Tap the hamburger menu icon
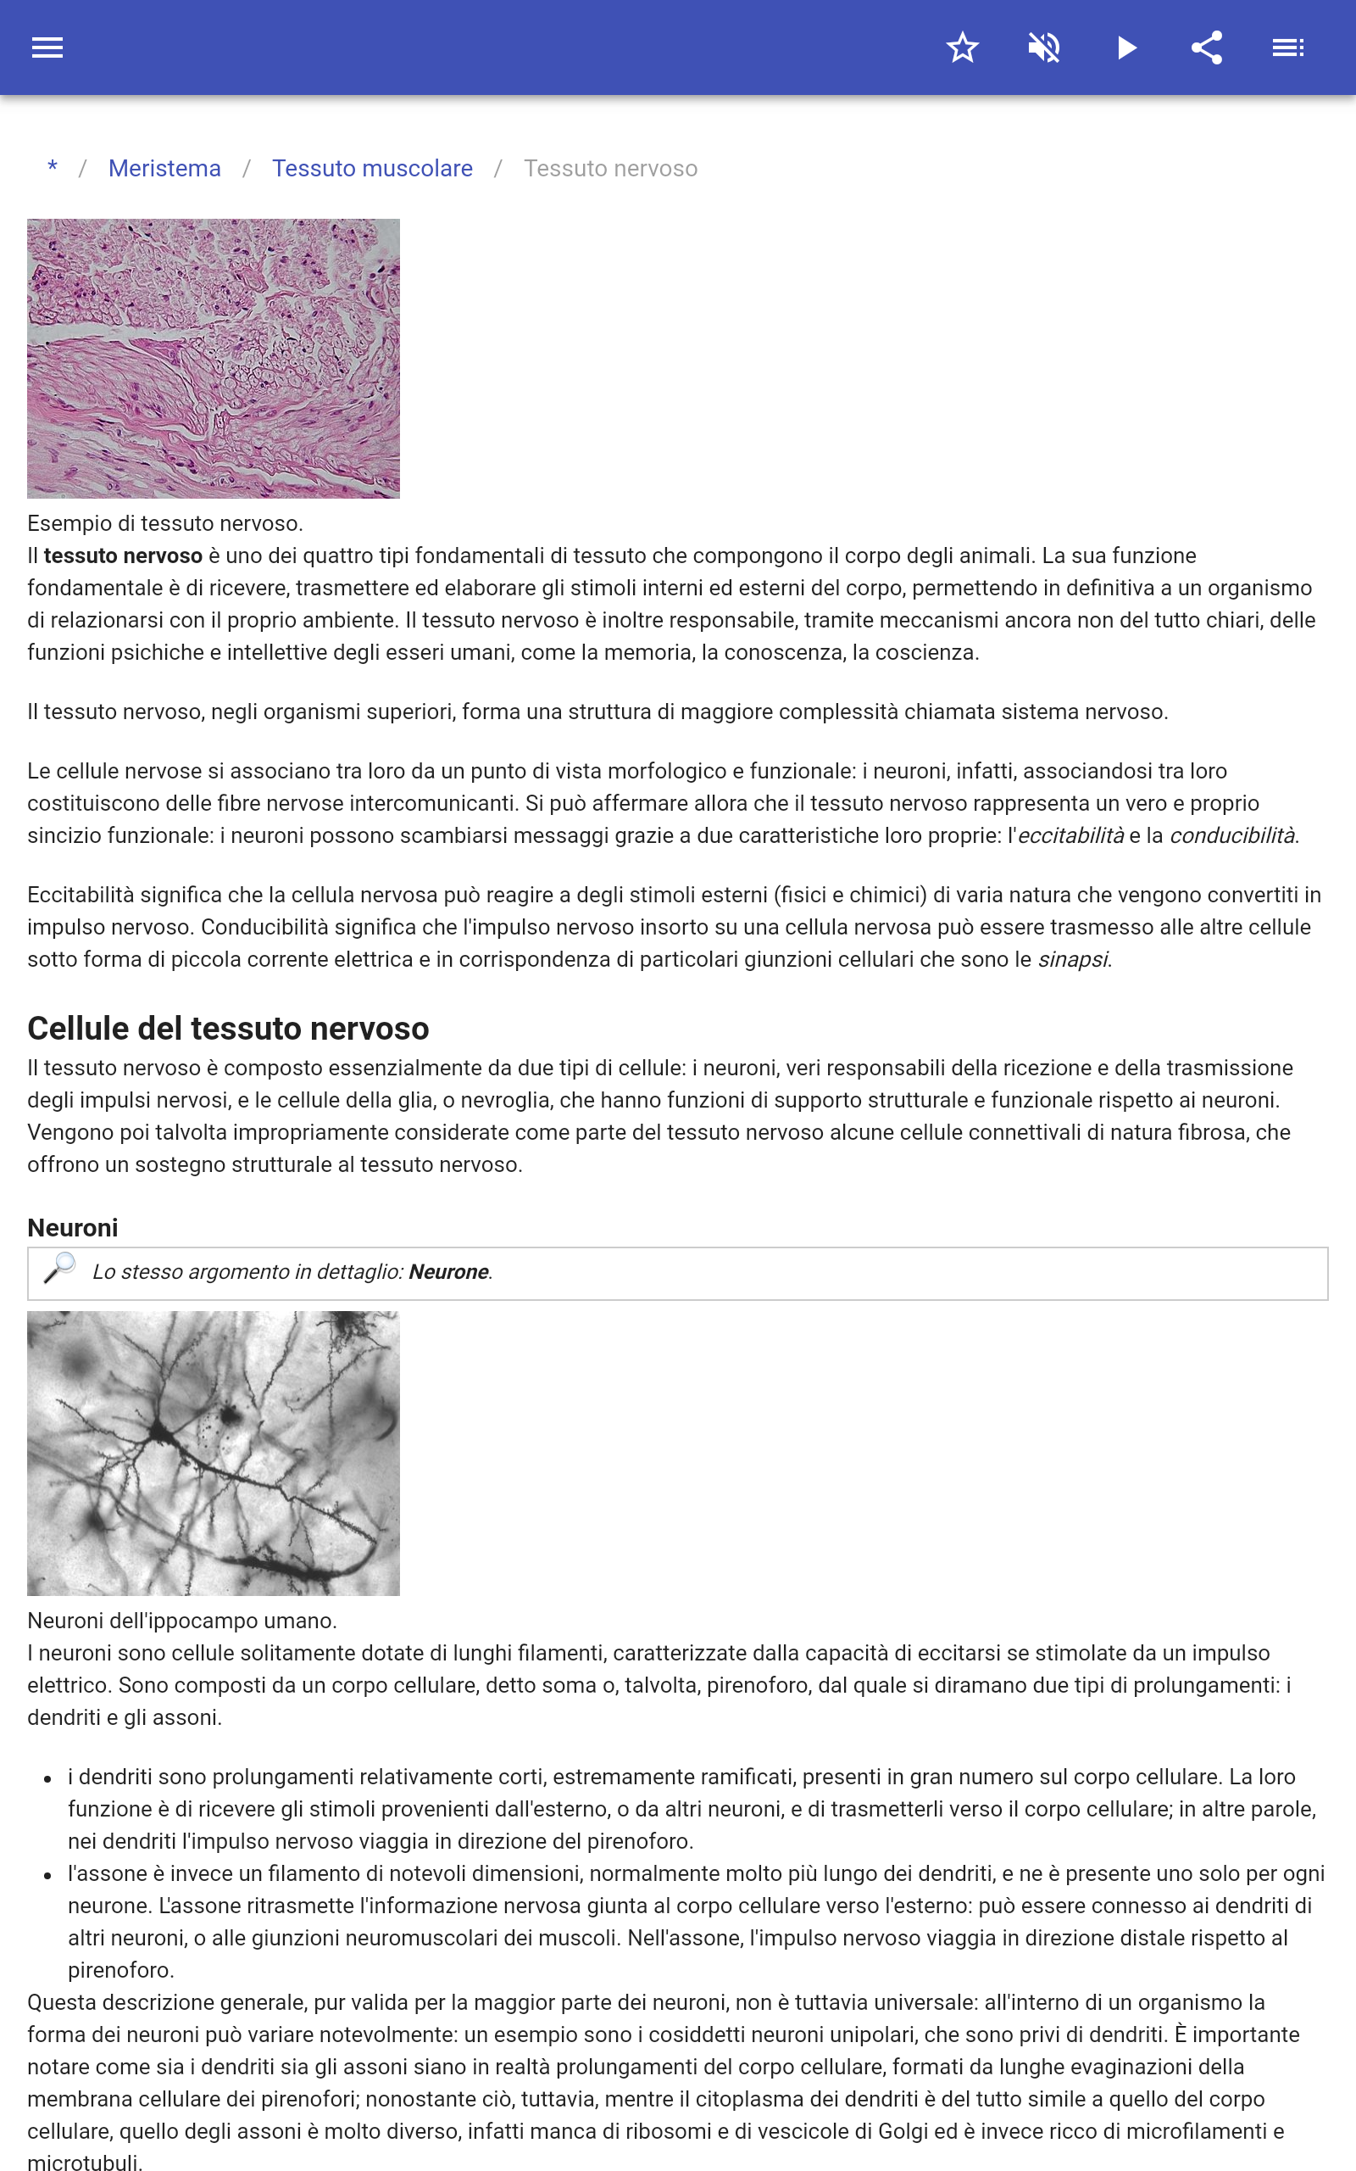click(47, 47)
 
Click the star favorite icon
click(962, 47)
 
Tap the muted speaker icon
click(1044, 47)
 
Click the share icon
click(1207, 47)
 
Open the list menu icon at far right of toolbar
click(1288, 47)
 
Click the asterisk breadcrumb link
click(53, 169)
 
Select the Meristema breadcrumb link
click(164, 169)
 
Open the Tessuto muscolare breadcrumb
click(372, 169)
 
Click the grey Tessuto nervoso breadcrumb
click(610, 169)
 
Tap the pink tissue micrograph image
click(214, 359)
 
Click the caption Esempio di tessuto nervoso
click(165, 523)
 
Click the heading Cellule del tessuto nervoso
click(228, 1028)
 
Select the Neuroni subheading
click(73, 1227)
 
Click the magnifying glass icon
click(59, 1269)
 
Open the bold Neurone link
click(448, 1272)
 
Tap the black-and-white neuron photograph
click(214, 1454)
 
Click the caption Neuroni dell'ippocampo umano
click(182, 1620)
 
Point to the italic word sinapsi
click(1073, 959)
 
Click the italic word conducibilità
click(1231, 835)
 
